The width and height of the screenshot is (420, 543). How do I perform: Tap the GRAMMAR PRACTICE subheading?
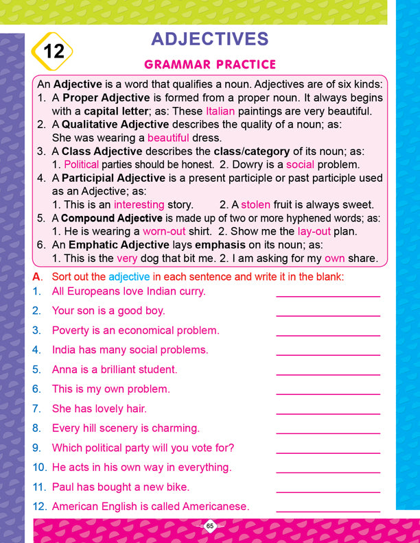pos(209,65)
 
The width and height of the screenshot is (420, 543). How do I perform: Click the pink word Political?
pos(81,165)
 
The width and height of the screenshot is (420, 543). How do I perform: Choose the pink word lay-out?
pos(314,231)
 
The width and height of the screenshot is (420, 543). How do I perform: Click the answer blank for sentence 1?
pos(327,295)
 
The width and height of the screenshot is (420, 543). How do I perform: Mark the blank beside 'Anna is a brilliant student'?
pos(327,373)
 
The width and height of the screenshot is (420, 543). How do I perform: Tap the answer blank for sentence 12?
pos(327,511)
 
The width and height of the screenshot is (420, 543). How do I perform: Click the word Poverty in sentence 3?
pos(71,330)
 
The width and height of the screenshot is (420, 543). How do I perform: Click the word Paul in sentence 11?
pos(63,487)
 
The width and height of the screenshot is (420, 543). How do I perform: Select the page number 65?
pos(210,527)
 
